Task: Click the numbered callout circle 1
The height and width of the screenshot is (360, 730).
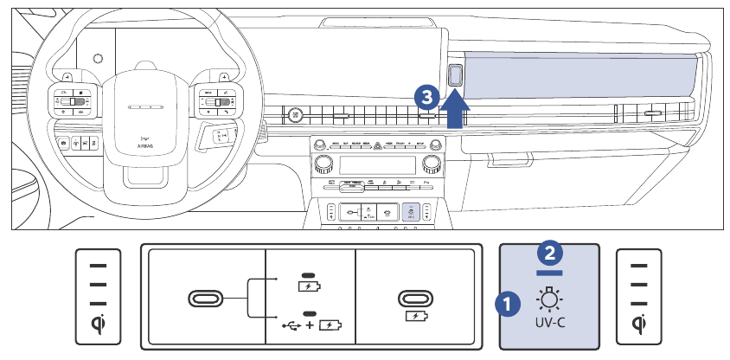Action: tap(508, 304)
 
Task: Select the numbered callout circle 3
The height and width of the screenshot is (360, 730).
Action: tap(426, 95)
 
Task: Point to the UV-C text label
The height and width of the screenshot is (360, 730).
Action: tap(550, 331)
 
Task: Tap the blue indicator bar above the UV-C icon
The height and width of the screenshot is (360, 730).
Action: tap(550, 271)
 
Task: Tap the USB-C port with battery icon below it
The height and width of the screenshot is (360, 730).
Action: tap(415, 298)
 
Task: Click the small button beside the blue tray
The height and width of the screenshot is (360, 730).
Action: tap(457, 75)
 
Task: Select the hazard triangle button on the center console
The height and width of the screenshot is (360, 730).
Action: tap(377, 145)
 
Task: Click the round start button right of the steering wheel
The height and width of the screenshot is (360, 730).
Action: tap(296, 113)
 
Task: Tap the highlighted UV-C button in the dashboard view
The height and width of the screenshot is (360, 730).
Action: tap(413, 212)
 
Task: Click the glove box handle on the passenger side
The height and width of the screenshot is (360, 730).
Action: tap(652, 113)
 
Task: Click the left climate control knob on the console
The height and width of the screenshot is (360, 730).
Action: tap(323, 164)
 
